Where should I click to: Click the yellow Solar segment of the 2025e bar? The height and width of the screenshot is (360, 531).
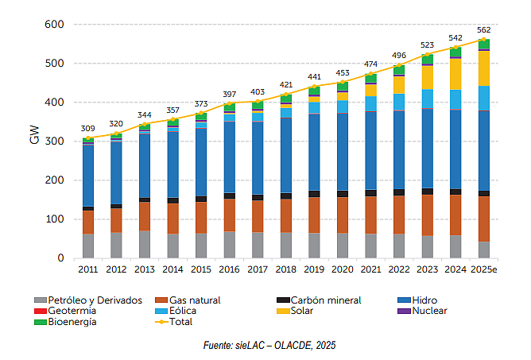click(483, 68)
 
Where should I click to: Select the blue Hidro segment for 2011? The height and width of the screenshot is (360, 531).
click(88, 176)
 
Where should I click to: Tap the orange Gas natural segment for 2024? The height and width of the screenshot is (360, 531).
click(455, 215)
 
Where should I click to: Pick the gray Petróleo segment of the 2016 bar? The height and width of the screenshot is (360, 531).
click(230, 245)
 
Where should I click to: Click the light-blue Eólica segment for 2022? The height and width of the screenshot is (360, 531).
click(399, 102)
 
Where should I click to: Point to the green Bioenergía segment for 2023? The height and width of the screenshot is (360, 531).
click(428, 60)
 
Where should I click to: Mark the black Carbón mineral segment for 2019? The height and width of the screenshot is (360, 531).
click(314, 194)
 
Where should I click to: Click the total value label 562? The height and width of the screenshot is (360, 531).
click(484, 30)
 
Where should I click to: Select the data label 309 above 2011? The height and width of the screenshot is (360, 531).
click(88, 129)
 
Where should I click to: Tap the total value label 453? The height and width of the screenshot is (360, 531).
click(343, 73)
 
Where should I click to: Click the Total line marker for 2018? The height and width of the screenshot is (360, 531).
click(286, 95)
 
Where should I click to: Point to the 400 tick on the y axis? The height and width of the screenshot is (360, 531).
click(54, 103)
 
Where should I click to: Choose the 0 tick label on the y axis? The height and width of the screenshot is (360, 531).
click(60, 258)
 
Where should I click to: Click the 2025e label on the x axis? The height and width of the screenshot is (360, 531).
click(484, 269)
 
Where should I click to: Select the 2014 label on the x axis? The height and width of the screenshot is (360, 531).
click(172, 269)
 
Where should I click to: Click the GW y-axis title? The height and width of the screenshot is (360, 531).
click(34, 135)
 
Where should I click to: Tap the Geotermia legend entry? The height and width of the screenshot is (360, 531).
click(65, 311)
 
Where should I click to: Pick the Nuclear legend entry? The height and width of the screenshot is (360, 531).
click(422, 311)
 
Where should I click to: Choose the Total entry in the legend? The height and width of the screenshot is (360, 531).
click(174, 322)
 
